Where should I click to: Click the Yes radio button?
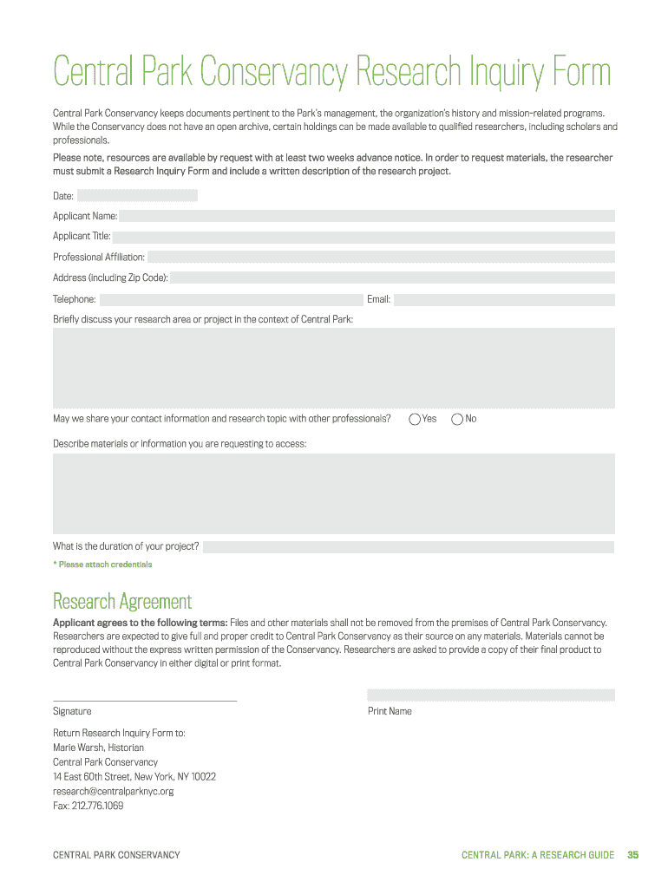[415, 420]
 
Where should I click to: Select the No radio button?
[457, 420]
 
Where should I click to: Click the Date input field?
[137, 196]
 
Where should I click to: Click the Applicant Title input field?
[363, 237]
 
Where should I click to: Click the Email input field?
[504, 300]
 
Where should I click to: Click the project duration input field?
[408, 547]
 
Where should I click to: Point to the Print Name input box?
[490, 695]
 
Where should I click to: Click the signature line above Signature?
[145, 699]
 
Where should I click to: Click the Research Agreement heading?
[122, 601]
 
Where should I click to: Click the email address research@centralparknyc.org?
[114, 791]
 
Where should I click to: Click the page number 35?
[632, 855]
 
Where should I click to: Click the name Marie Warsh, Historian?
[99, 748]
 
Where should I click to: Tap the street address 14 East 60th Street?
[92, 776]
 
